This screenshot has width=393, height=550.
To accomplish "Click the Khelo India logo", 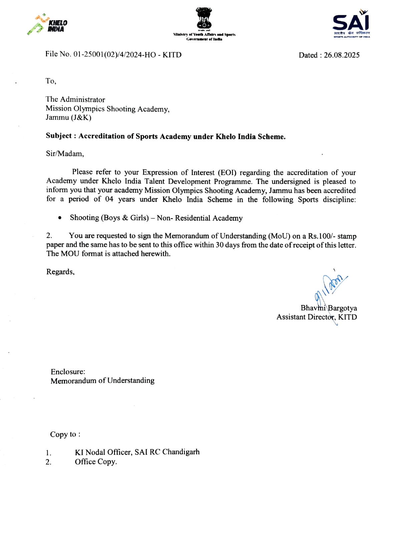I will coord(47,24).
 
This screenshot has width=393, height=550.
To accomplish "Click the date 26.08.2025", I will coord(341,55).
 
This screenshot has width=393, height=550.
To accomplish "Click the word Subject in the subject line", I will coord(59,136).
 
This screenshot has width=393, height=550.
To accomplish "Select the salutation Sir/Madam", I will coord(65,154).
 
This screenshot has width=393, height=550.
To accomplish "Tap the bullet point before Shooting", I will coord(60,218).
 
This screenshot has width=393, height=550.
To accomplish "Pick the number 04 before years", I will coord(109,199).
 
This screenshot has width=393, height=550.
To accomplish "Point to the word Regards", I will coord(60,272).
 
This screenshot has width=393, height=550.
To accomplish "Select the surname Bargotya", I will coord(343,308).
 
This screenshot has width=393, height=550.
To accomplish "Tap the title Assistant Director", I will coord(305,317).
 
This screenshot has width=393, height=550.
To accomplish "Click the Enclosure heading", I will coord(68,372).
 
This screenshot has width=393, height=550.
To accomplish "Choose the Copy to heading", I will coord(65,434).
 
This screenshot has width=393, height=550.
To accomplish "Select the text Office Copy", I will coord(96,462).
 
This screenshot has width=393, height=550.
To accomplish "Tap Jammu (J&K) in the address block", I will coord(68,117).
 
